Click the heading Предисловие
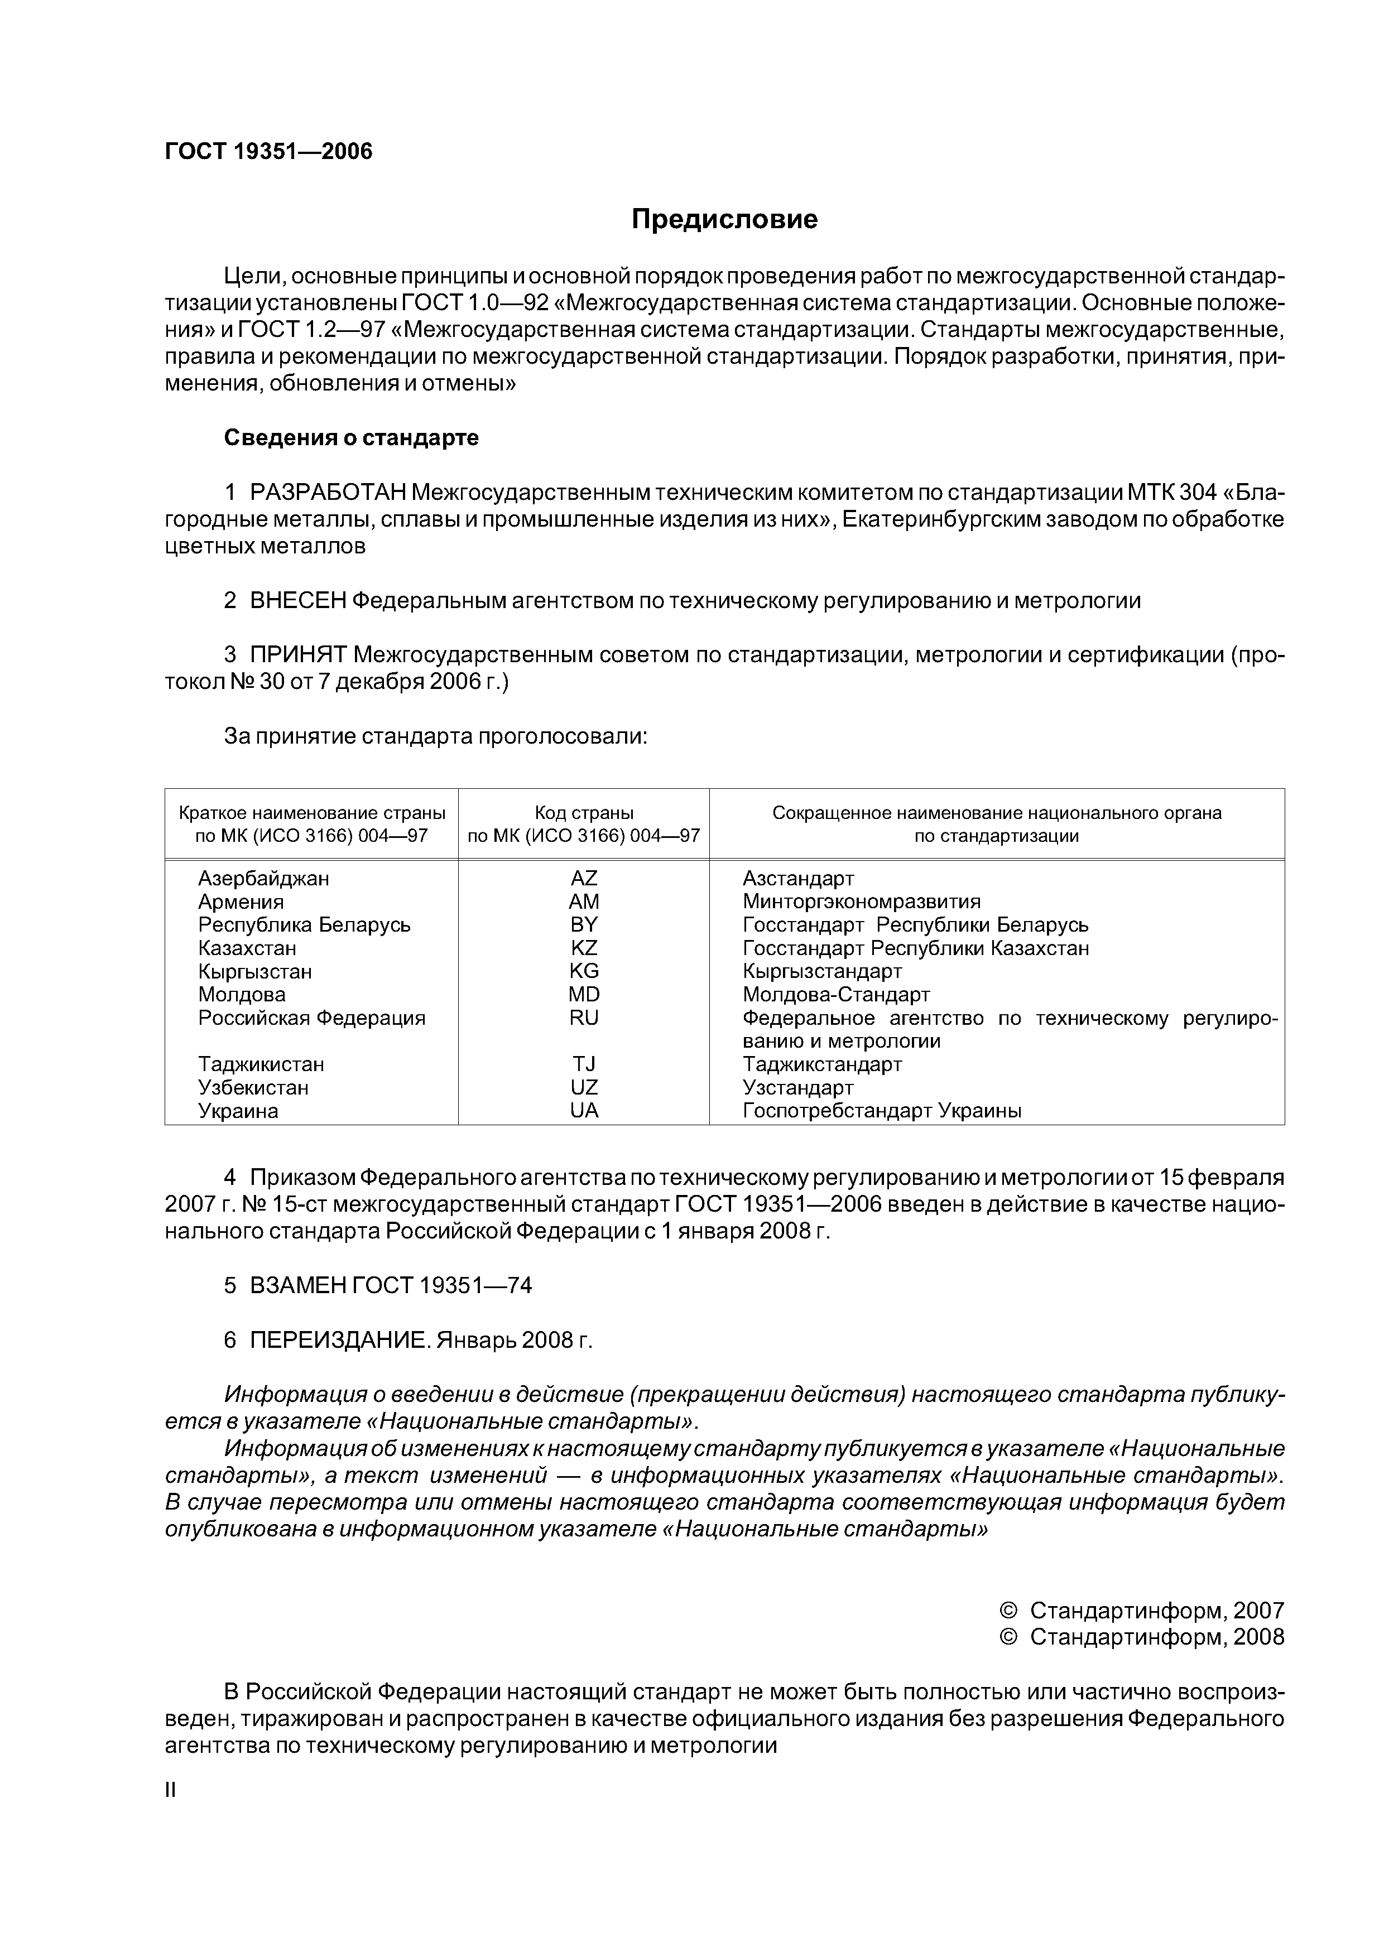tap(724, 220)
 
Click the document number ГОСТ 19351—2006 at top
tap(268, 152)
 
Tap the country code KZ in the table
tap(584, 948)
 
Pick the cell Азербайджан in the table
tap(263, 878)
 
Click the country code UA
tap(584, 1111)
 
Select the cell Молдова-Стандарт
tap(835, 995)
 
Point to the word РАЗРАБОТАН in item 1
tap(328, 493)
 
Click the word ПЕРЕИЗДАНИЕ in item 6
tap(340, 1340)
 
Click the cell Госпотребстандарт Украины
tap(882, 1111)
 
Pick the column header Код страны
tap(584, 813)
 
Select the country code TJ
tap(584, 1064)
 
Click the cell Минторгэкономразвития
tap(861, 902)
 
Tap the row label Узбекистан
tap(253, 1088)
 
